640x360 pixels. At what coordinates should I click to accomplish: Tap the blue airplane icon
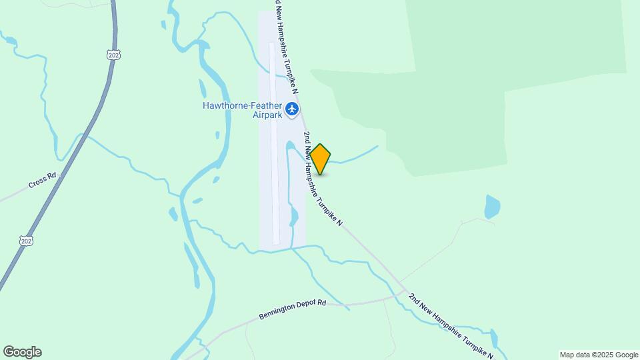tap(292, 109)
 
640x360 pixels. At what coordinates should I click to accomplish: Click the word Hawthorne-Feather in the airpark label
tap(242, 105)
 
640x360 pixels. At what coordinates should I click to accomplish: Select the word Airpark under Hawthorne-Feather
tap(249, 115)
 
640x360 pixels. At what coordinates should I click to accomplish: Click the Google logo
tap(22, 352)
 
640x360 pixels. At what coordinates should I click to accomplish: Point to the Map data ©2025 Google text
tap(599, 355)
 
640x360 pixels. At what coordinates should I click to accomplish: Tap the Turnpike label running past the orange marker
tap(323, 179)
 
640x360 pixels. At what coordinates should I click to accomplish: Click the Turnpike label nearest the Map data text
tap(453, 325)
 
